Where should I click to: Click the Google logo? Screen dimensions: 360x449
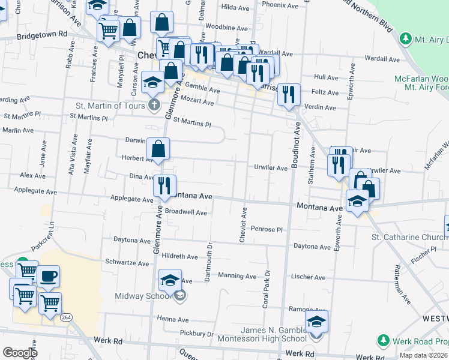tap(20, 353)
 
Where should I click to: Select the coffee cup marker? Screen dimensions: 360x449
tap(49, 277)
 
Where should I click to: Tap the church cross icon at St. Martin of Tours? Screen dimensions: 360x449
tap(155, 106)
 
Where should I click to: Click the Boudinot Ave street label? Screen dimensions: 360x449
tap(295, 146)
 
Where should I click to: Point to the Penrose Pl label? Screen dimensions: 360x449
tap(267, 229)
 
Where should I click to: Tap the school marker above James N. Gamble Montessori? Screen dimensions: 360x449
tap(316, 322)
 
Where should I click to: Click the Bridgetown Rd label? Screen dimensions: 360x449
tap(41, 35)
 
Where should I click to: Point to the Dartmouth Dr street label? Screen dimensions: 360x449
tap(209, 261)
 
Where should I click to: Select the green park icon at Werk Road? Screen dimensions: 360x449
tap(384, 341)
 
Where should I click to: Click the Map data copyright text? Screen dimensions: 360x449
tap(423, 355)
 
